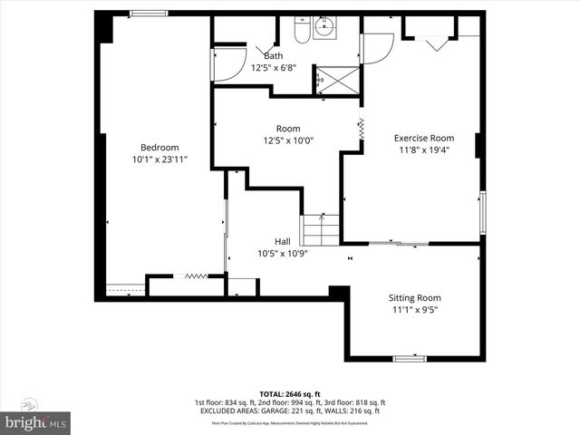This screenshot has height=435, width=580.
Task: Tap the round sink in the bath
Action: (325, 28)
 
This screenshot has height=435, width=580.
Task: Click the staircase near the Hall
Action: (321, 228)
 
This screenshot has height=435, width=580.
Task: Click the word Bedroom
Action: (159, 148)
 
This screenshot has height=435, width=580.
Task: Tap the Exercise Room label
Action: (423, 138)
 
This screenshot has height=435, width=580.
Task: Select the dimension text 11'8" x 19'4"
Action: (423, 150)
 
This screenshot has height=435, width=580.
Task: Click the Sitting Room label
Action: (415, 297)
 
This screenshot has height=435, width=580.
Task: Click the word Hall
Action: (283, 241)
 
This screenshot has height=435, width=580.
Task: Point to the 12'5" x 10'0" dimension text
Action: (282, 140)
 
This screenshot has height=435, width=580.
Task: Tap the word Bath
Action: (274, 55)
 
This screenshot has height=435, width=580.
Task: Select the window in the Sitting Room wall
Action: (410, 358)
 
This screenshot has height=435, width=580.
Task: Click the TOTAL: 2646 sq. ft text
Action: (290, 393)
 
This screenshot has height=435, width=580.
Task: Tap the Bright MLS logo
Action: (36, 422)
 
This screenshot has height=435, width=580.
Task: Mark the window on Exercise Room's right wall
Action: (482, 211)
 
